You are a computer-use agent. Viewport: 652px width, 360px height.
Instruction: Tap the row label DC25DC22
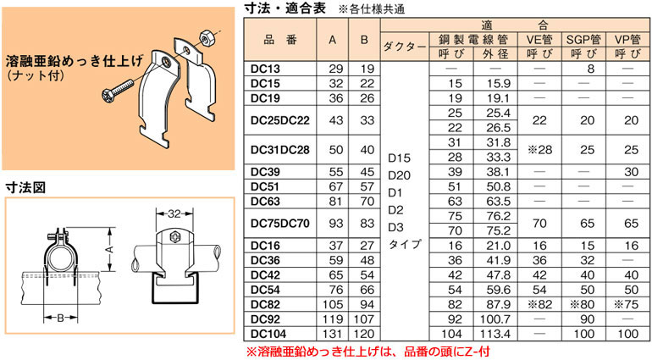click(x=280, y=121)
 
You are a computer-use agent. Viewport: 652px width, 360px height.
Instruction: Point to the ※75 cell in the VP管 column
click(x=627, y=304)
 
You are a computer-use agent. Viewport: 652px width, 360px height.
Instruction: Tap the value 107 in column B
click(x=364, y=319)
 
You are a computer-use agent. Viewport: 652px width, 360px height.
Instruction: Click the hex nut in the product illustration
click(x=206, y=37)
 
